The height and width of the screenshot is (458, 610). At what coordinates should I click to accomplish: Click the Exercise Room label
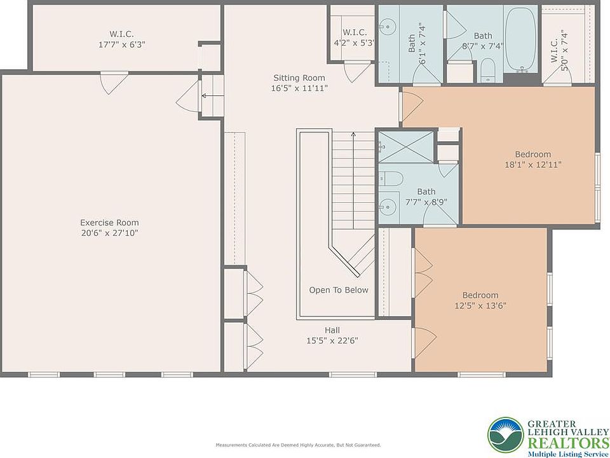coord(109,223)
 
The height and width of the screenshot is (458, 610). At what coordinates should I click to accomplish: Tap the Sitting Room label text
coord(299,78)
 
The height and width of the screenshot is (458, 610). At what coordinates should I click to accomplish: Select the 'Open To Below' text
coord(339,290)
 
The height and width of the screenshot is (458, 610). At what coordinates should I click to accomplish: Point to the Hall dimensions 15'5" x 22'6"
coord(332,341)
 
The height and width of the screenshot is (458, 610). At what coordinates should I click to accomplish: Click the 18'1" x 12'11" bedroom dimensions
coord(533,165)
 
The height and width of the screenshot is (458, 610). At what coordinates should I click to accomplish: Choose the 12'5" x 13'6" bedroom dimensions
coord(480,306)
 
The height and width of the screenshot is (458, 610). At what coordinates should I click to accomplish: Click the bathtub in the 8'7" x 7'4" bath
coord(521,39)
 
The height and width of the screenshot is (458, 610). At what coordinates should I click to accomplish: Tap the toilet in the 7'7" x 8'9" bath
coord(391,179)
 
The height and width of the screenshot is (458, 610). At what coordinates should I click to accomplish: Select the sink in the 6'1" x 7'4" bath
coord(387,27)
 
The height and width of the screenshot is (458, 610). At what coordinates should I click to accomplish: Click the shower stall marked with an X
coord(406,146)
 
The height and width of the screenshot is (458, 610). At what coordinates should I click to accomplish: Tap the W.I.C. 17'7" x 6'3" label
coord(121,39)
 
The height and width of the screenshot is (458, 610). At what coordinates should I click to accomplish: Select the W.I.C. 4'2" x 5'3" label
coord(355,38)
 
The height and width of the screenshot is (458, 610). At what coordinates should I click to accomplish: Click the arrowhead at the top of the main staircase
coord(353,134)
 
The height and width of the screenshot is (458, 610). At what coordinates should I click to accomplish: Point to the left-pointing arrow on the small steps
coord(210,95)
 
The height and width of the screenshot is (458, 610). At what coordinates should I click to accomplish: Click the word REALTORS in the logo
coord(568,443)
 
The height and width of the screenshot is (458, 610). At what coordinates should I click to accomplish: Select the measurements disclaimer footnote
coord(298,445)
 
